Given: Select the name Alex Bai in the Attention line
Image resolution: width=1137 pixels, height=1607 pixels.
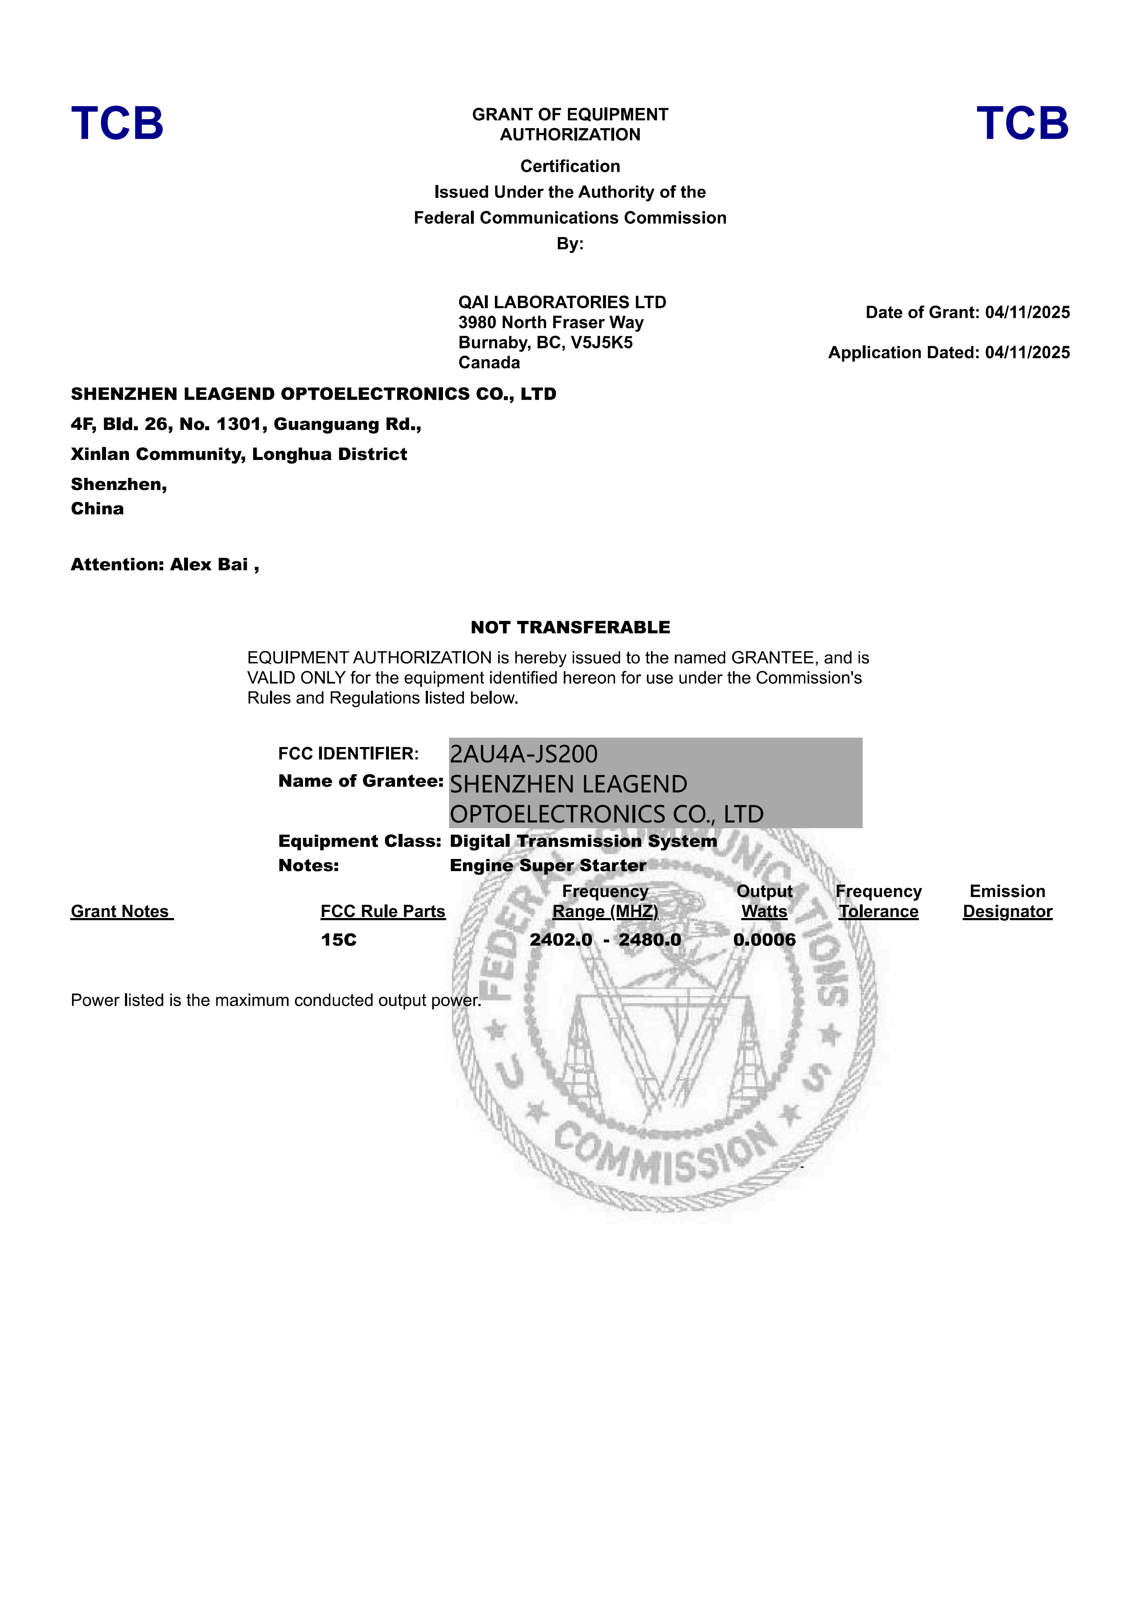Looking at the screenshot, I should (209, 565).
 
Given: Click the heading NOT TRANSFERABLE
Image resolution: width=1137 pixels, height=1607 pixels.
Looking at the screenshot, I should (570, 627).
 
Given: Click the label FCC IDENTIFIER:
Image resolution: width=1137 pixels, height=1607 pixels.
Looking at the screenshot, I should (348, 754).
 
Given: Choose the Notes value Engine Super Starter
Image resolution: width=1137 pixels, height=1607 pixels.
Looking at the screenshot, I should (548, 866).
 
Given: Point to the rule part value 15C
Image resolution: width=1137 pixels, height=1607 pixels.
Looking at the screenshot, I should (339, 940).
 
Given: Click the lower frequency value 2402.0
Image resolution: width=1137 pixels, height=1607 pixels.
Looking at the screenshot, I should (561, 940).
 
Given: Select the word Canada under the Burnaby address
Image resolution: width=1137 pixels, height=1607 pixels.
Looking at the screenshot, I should (489, 363).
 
